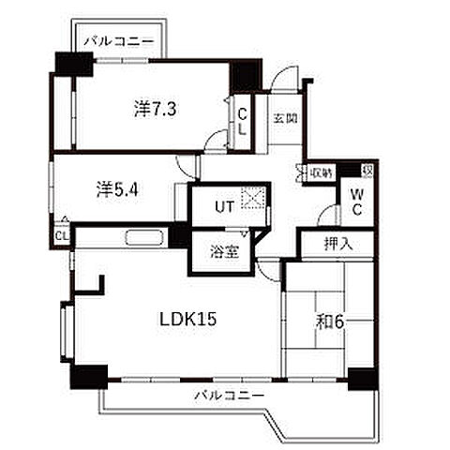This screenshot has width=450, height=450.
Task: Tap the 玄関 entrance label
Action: pyautogui.click(x=285, y=118)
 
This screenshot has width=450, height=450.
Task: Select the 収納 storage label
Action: pyautogui.click(x=322, y=172)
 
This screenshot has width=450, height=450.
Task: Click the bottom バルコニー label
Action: pyautogui.click(x=229, y=394)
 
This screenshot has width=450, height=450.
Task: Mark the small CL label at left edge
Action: pyautogui.click(x=61, y=235)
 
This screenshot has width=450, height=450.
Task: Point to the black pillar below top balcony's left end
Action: pyautogui.click(x=73, y=66)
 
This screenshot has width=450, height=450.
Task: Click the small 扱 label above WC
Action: pyautogui.click(x=367, y=170)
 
